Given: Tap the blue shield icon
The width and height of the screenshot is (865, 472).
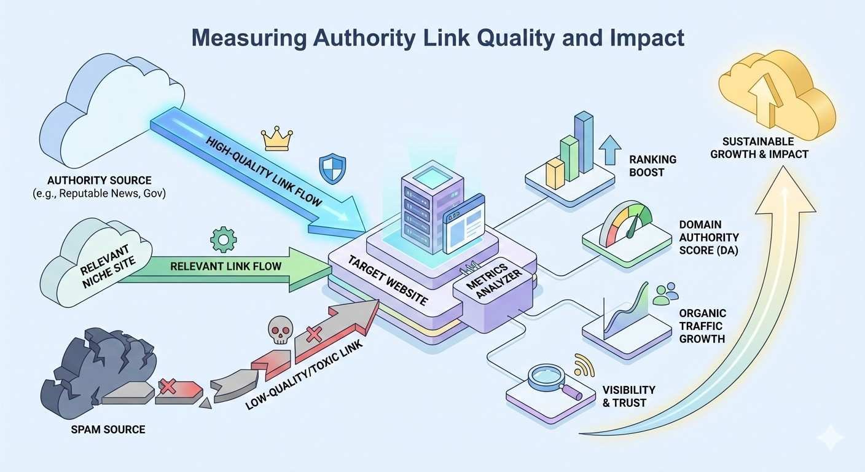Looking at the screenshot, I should (x=332, y=168).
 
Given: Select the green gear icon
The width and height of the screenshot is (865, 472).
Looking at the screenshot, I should (x=223, y=240).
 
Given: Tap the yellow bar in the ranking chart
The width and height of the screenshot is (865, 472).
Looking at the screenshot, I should (x=555, y=174).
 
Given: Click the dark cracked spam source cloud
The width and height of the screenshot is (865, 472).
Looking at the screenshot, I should (x=98, y=375).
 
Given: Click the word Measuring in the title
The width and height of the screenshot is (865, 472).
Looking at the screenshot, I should (x=248, y=38).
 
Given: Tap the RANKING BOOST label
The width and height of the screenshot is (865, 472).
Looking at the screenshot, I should (x=652, y=166).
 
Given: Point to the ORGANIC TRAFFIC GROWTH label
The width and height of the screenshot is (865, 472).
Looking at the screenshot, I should (x=702, y=326).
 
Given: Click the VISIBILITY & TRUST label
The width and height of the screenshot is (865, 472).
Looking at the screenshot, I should (x=628, y=396).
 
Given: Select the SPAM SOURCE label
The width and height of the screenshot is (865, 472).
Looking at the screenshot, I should (x=108, y=429).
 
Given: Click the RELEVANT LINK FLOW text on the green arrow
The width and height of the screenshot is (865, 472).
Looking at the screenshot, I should (x=225, y=266).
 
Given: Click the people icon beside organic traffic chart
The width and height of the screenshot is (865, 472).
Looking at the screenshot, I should (x=665, y=294).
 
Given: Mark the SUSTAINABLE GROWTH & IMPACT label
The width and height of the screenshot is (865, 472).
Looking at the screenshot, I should (x=759, y=147).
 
